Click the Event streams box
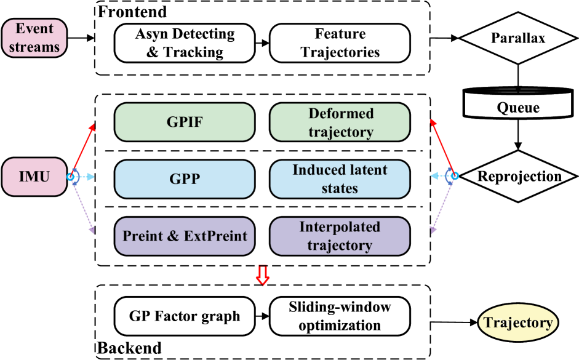tap(34, 38)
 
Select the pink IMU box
tap(34, 177)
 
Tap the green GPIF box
tap(185, 122)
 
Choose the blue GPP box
tap(185, 179)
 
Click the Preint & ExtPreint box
tap(185, 236)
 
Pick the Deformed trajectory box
tap(340, 122)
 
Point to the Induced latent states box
tap(340, 179)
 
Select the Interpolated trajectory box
tap(340, 236)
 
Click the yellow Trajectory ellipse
tap(518, 323)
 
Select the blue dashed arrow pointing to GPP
tap(86, 177)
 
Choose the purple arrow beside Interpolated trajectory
tap(441, 207)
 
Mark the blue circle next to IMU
tap(73, 177)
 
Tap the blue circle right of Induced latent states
tap(453, 177)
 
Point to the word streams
tap(34, 46)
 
